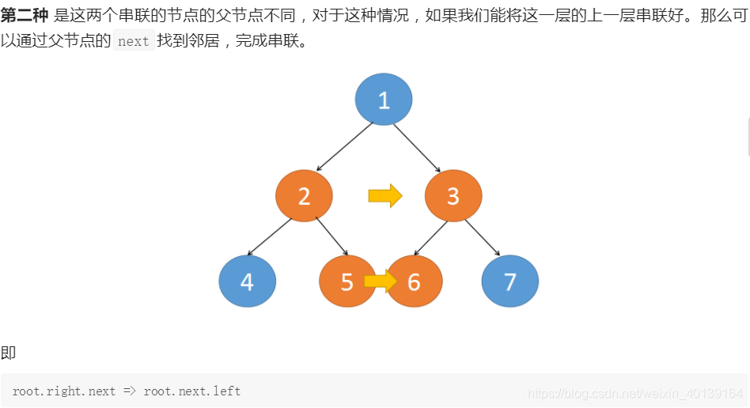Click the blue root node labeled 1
tap(384, 100)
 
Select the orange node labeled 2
tap(304, 195)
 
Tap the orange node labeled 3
tap(453, 195)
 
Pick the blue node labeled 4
tap(248, 281)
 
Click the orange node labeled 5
tap(343, 281)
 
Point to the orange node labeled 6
tap(417, 281)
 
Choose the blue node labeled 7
tap(510, 281)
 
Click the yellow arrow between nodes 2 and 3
tap(385, 195)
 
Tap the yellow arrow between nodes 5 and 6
tap(380, 281)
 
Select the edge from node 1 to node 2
tap(344, 146)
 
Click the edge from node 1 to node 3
tap(418, 147)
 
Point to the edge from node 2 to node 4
tap(270, 236)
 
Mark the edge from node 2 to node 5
tap(331, 236)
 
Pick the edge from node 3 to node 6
tap(432, 237)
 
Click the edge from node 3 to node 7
tap(482, 237)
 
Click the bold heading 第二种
tap(25, 16)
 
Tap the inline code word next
tap(133, 41)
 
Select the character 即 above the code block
tap(8, 353)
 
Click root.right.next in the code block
tap(64, 391)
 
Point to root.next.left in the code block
tap(192, 391)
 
